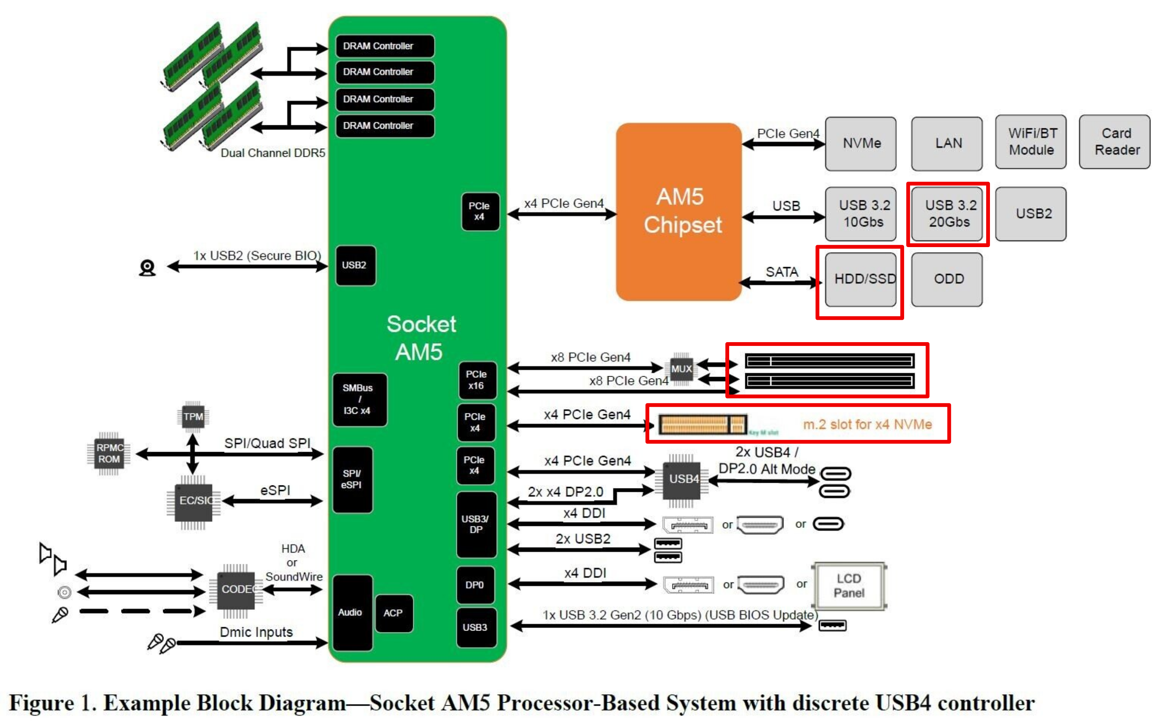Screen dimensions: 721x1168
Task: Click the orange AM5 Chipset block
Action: pos(678,212)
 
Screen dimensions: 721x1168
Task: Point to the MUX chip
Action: pos(681,369)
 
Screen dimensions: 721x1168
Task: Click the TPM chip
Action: pos(193,416)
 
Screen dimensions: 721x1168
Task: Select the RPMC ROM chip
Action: pos(109,454)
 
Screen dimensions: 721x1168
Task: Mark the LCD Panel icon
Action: pos(849,586)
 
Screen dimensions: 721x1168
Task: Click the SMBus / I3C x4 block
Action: pos(359,400)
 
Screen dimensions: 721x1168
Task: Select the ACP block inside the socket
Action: pos(393,613)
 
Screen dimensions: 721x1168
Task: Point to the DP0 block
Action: pos(474,585)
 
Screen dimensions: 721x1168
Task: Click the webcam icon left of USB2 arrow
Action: pos(147,267)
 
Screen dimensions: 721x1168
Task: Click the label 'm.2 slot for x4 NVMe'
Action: pos(867,424)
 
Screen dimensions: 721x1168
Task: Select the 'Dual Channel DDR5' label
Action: pos(273,153)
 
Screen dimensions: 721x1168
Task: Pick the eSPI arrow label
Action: pos(275,490)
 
